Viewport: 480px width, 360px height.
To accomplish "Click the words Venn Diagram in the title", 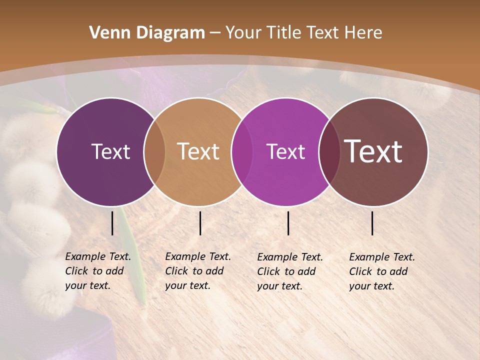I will tap(147, 33).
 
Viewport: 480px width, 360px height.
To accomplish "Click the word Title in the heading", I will tap(285, 33).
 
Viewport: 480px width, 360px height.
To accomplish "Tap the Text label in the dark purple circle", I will tap(110, 151).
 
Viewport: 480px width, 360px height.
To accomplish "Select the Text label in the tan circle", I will tap(198, 151).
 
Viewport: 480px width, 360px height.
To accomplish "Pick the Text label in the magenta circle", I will tap(285, 151).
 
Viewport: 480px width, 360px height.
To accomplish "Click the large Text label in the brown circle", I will tap(373, 151).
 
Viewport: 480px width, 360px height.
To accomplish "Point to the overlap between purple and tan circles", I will tap(154, 151).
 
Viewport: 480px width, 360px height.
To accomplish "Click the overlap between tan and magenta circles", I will tap(242, 151).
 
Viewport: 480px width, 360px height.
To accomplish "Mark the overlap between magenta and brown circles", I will tap(329, 151).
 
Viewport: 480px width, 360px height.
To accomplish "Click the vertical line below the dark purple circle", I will tap(112, 223).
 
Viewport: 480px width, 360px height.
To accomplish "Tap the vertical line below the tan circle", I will tap(200, 223).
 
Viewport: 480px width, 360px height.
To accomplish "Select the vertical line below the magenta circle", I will tap(288, 223).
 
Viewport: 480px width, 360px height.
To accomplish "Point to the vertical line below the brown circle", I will tap(372, 223).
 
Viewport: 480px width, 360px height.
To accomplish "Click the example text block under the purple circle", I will tap(97, 271).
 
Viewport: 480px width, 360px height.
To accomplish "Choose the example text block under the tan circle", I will tap(197, 271).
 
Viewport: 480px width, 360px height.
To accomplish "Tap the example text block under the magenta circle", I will tap(289, 271).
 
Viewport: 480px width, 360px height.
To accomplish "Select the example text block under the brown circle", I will tap(381, 271).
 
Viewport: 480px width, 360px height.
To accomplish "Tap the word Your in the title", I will tap(243, 33).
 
